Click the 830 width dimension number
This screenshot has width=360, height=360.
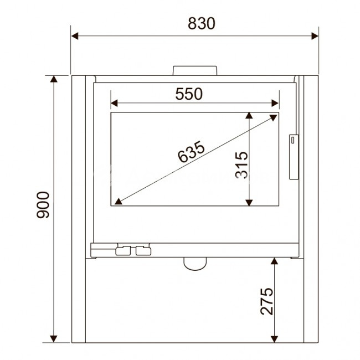tap(202, 23)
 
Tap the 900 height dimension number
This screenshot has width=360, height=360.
tap(43, 205)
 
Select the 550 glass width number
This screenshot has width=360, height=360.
tap(189, 94)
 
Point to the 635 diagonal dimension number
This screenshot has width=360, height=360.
tap(191, 152)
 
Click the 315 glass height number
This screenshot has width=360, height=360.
tap(242, 165)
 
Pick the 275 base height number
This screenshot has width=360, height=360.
tap(267, 301)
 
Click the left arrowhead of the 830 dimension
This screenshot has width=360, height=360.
tap(75, 36)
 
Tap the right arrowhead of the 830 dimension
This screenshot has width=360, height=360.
tap(315, 36)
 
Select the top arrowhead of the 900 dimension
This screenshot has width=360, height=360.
tap(54, 79)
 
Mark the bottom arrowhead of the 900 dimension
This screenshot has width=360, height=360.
tap(54, 338)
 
